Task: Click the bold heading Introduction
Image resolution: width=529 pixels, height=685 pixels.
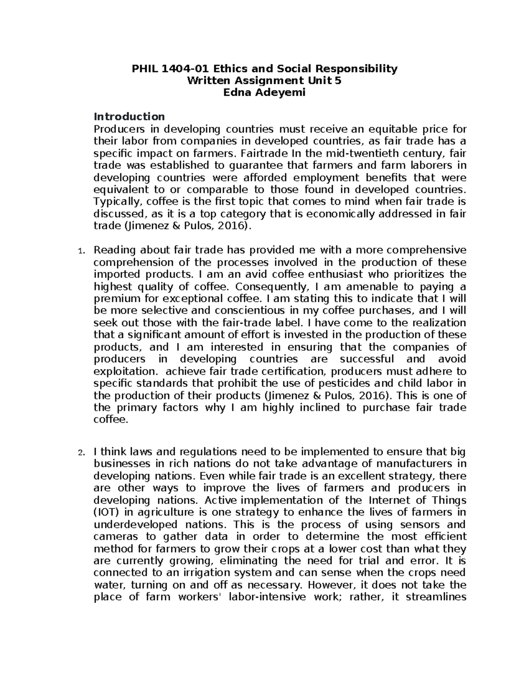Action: pyautogui.click(x=129, y=116)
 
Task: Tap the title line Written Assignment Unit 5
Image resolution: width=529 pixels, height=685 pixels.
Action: pyautogui.click(x=264, y=81)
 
